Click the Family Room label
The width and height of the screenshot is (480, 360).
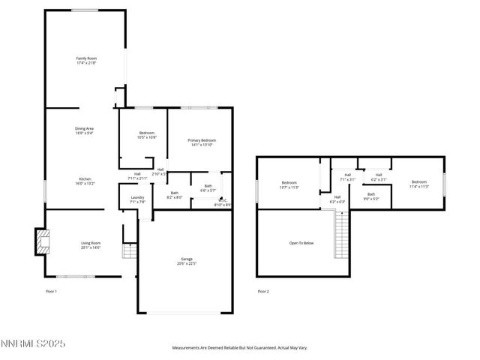point(86,60)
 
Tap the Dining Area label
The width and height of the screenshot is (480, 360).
point(84,130)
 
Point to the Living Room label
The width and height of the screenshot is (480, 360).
point(91,244)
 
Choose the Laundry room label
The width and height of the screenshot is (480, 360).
point(127,199)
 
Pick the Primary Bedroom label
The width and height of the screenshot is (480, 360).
point(202,142)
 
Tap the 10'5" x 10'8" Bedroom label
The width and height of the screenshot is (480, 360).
point(147,135)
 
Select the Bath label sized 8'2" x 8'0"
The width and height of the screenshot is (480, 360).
point(174,195)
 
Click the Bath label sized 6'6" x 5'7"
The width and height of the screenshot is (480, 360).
point(208,187)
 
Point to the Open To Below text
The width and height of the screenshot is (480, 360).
point(301,243)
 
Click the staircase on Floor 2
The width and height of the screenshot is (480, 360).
point(341,234)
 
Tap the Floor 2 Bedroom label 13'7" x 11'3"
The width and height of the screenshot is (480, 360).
point(289,185)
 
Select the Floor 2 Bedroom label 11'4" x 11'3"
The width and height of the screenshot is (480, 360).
point(418,184)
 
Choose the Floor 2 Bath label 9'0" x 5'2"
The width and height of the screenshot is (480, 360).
point(371,196)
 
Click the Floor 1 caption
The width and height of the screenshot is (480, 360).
point(52,291)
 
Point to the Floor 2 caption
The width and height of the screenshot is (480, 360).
point(263,291)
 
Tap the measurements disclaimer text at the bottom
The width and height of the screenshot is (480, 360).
point(240,348)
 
